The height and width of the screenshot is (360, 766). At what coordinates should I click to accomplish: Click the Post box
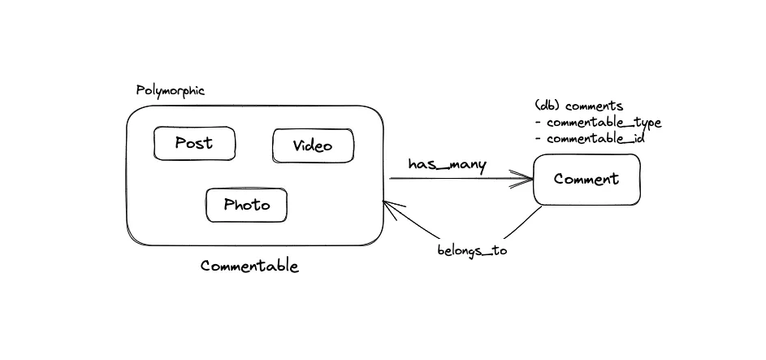click(194, 144)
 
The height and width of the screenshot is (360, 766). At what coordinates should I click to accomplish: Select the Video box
click(313, 146)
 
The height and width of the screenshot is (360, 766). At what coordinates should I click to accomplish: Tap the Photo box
click(247, 205)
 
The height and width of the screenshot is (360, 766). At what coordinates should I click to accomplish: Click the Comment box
click(586, 180)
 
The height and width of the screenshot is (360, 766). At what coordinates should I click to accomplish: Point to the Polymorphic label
click(170, 90)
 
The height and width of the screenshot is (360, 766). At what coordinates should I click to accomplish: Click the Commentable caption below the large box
click(249, 267)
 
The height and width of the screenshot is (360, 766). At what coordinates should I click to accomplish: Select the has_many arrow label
click(447, 164)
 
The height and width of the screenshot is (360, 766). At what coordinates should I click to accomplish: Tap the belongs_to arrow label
click(472, 250)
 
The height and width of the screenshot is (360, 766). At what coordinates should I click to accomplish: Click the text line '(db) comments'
click(579, 106)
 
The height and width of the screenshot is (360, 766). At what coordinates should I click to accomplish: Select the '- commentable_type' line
click(598, 123)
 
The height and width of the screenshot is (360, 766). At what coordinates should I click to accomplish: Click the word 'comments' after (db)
click(594, 106)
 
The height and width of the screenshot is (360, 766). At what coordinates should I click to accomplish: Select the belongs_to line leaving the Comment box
click(520, 225)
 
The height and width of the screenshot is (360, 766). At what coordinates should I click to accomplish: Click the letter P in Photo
click(229, 205)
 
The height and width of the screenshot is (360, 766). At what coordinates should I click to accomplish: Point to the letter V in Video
click(297, 146)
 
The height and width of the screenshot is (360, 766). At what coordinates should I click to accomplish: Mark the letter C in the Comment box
click(560, 180)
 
